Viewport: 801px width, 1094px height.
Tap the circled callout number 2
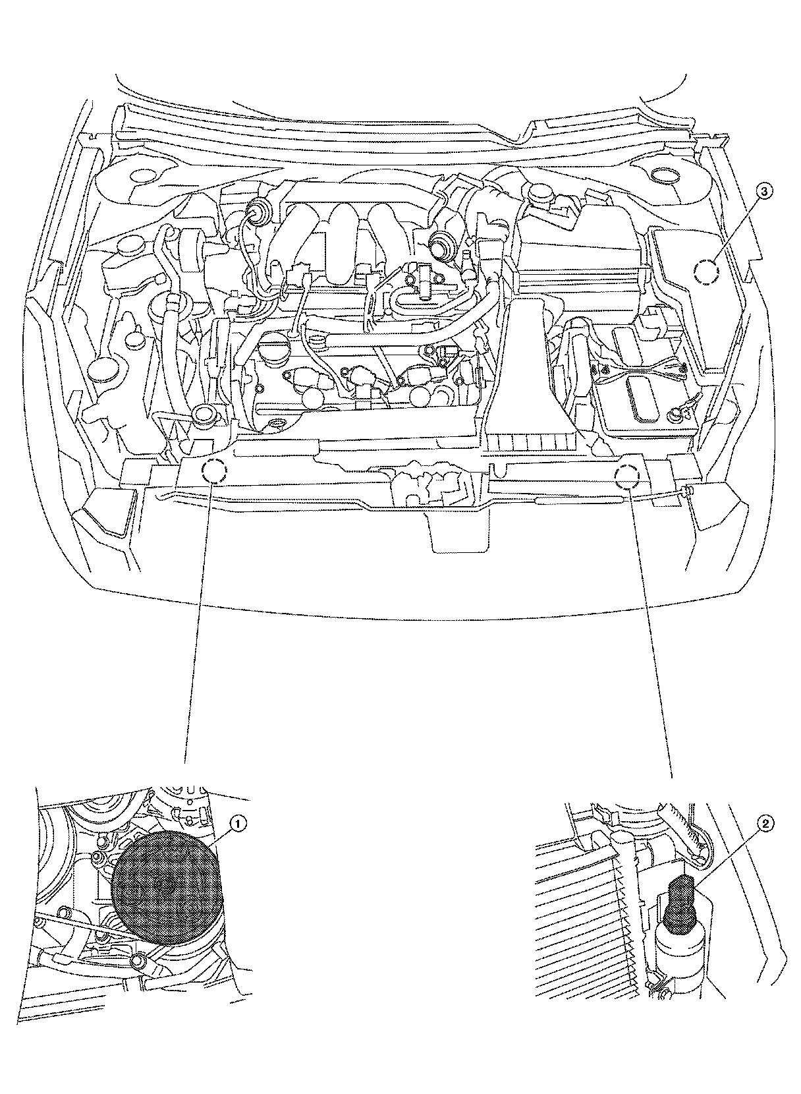tap(764, 823)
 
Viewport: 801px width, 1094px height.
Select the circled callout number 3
tap(763, 191)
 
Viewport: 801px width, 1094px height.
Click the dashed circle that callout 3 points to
tap(707, 272)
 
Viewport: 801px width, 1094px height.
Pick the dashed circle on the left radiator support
tap(215, 471)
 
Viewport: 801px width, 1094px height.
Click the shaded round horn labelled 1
tap(165, 886)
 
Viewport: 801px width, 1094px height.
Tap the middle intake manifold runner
tap(349, 244)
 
